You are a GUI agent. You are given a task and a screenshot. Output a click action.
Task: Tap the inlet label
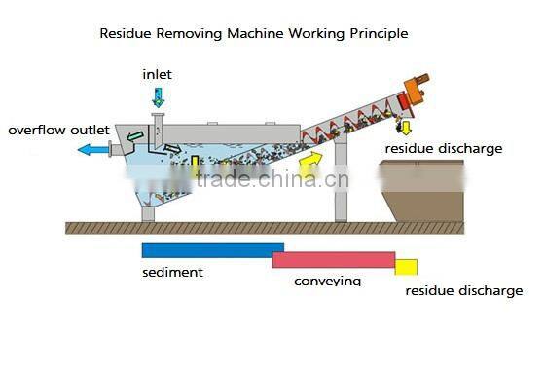(158, 74)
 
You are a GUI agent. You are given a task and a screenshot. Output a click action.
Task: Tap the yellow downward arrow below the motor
(406, 127)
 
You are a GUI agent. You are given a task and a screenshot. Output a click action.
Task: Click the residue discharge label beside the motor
(443, 148)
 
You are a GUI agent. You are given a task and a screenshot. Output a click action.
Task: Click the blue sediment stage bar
(212, 250)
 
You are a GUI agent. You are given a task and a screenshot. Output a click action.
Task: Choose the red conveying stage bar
(333, 259)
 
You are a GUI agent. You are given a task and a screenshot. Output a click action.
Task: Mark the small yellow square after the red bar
(406, 267)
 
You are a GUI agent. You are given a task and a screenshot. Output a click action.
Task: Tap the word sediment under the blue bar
(172, 273)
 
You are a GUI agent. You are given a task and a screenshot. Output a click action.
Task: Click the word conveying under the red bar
(327, 282)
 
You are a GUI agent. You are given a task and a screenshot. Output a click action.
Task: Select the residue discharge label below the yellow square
(463, 290)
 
